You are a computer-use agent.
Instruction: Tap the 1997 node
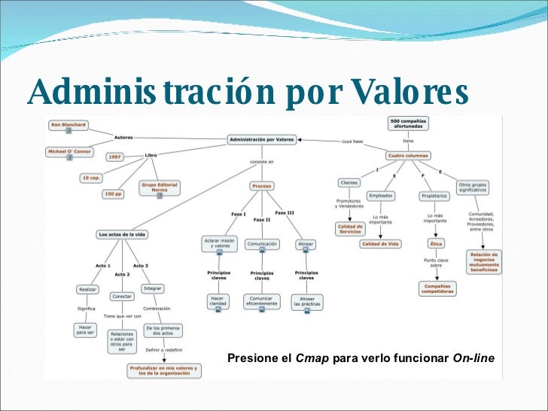click(x=114, y=157)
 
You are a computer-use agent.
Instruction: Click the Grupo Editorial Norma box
click(x=160, y=187)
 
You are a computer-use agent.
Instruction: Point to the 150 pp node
click(x=112, y=193)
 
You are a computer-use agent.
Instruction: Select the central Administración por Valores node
click(x=262, y=139)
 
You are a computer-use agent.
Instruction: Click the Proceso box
click(x=261, y=185)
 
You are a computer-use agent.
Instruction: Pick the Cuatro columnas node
click(x=408, y=156)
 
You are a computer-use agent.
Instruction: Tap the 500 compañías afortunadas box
click(x=409, y=123)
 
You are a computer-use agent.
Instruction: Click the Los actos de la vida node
click(x=121, y=234)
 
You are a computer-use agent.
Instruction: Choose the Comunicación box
click(x=261, y=244)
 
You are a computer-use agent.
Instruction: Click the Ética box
click(x=436, y=244)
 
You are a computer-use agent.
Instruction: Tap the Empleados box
click(x=381, y=195)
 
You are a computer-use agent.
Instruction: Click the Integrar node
click(x=152, y=288)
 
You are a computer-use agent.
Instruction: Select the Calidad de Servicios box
click(x=350, y=229)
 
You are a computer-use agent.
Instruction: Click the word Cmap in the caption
click(x=312, y=358)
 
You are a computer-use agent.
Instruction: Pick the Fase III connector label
click(x=285, y=213)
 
